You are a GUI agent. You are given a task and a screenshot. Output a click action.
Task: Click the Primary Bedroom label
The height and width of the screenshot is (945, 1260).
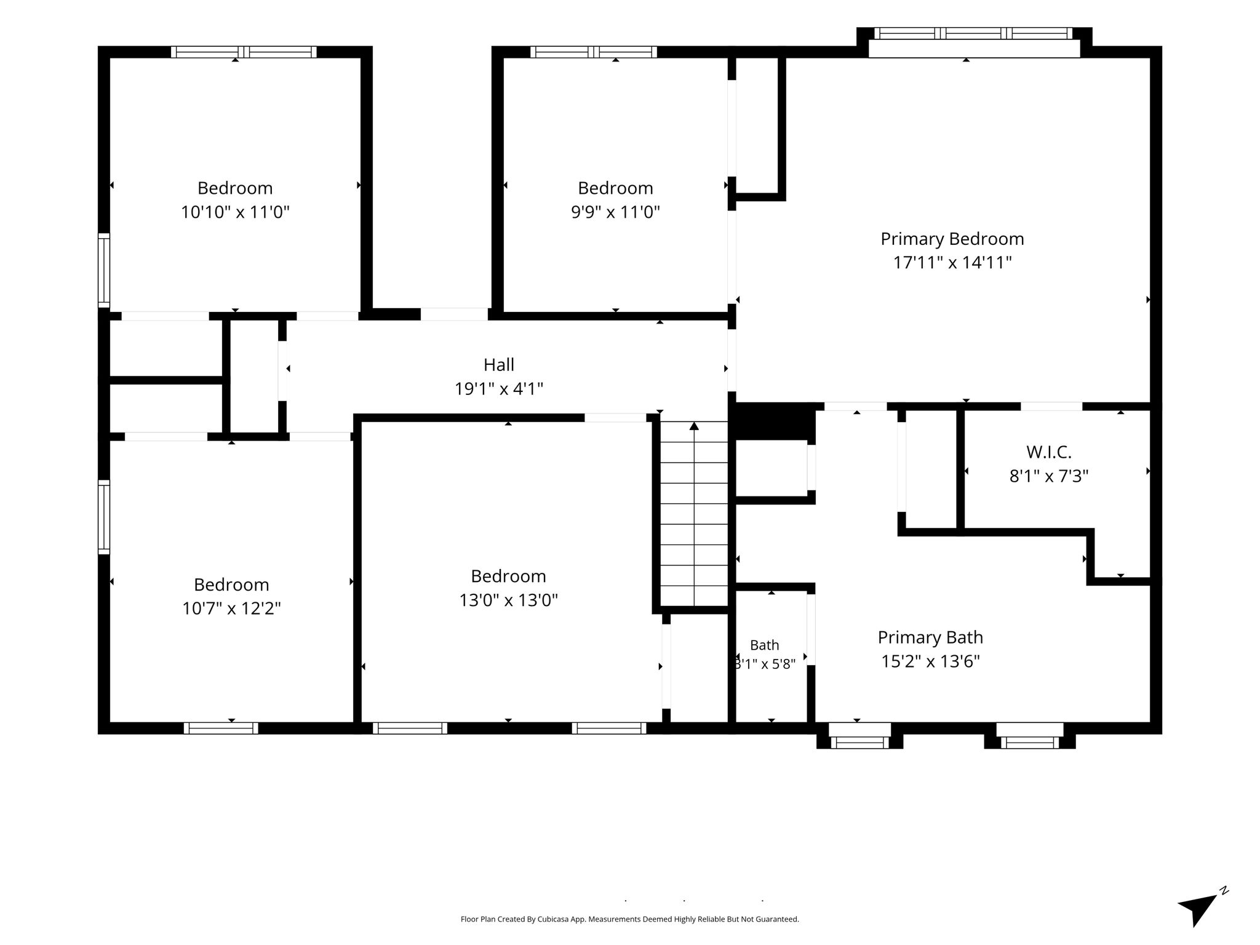(x=952, y=239)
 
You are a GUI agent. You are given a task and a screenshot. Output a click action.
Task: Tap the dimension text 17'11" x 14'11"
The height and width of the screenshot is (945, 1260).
(x=952, y=263)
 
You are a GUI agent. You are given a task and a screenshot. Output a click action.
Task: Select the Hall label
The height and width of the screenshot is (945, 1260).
(x=499, y=365)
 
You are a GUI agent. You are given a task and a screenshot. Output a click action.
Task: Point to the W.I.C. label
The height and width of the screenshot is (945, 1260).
(x=1049, y=452)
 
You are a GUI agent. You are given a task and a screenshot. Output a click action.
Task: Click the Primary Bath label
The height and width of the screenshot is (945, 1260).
(x=930, y=637)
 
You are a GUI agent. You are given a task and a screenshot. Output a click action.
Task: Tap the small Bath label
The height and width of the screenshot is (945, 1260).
(x=765, y=645)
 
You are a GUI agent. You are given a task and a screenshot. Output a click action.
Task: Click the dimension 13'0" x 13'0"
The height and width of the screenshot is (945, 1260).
(x=509, y=600)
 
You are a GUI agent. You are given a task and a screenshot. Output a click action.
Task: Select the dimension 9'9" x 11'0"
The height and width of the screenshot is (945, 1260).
(x=615, y=212)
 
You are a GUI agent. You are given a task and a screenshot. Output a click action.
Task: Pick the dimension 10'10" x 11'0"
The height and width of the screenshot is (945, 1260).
(x=235, y=212)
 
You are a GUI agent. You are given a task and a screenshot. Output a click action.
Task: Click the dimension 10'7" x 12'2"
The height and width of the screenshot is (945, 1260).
(x=231, y=608)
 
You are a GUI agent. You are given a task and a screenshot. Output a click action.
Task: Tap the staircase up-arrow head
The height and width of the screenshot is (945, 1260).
(x=694, y=426)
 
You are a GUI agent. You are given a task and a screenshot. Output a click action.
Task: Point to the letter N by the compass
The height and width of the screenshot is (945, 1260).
(x=1224, y=907)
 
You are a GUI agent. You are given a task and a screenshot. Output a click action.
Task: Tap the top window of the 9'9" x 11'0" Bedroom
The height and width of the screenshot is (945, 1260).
(x=594, y=52)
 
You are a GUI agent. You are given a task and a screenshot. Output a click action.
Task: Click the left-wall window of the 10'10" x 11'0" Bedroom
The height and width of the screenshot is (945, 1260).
(x=104, y=271)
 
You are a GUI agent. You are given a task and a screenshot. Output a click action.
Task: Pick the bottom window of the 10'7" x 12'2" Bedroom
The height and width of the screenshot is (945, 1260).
(x=221, y=728)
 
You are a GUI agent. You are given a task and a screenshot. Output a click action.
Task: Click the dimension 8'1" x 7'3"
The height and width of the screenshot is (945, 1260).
(x=1049, y=476)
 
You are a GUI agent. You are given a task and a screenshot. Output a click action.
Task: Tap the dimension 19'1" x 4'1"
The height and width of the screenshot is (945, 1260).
(x=499, y=389)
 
